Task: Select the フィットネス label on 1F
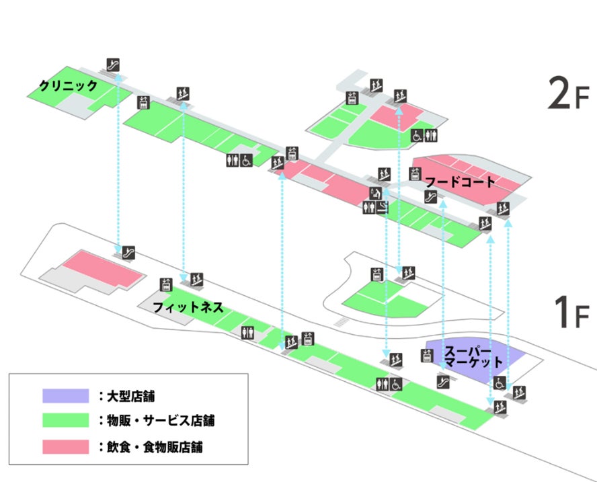(188, 308)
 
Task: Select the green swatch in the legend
(65, 421)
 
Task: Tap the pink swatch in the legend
(65, 446)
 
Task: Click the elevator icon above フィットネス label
(166, 284)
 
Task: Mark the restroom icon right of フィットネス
(248, 331)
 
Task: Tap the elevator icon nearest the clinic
(143, 102)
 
